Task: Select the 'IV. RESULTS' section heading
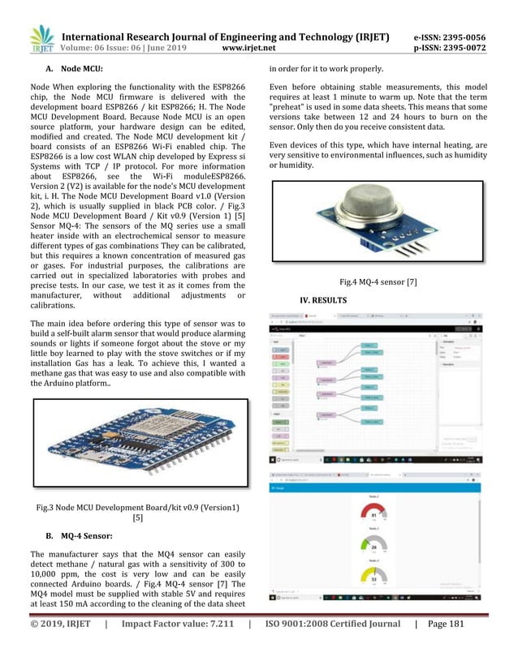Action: (324, 301)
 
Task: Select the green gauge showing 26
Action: (373, 547)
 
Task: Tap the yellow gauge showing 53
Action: (373, 578)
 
